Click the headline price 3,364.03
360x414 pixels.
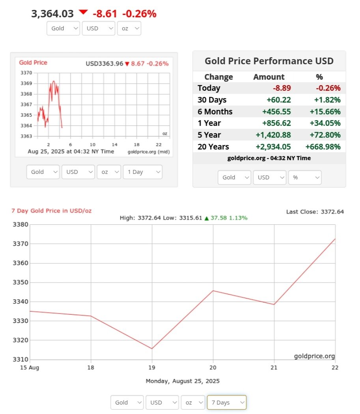click(52, 14)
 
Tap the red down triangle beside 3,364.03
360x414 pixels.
click(83, 12)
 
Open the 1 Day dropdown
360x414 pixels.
click(142, 172)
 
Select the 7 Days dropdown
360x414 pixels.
click(226, 403)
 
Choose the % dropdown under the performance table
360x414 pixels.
click(305, 177)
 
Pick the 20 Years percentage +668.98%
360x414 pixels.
click(323, 147)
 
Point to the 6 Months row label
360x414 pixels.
click(215, 112)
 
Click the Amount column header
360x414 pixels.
click(269, 77)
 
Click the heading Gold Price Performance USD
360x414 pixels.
click(269, 61)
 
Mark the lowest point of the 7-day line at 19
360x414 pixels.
click(152, 349)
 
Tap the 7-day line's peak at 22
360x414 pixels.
click(335, 239)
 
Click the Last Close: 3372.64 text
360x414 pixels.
click(315, 212)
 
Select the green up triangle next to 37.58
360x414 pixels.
click(206, 218)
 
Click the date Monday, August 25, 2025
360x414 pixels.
click(183, 381)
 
